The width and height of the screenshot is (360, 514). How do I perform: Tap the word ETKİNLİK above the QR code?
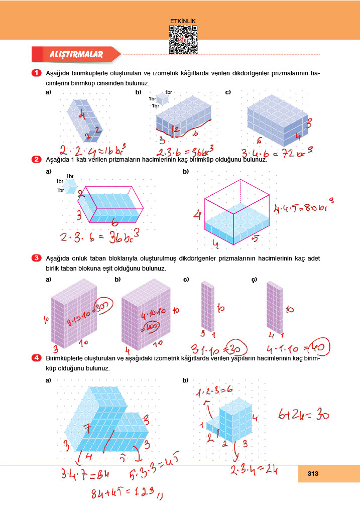183,21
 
